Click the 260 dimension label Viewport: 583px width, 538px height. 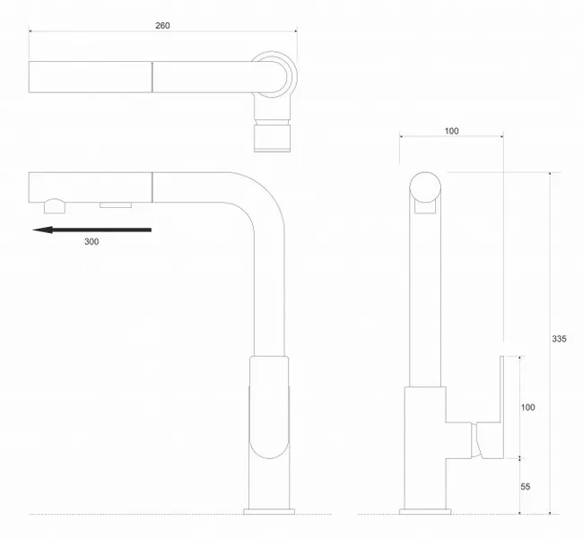(x=162, y=26)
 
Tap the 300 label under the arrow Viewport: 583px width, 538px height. (x=91, y=242)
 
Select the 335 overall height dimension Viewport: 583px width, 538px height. (x=559, y=339)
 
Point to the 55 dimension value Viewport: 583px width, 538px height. (x=525, y=486)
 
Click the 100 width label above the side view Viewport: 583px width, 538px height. (x=451, y=131)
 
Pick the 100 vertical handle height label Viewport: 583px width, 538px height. (x=527, y=407)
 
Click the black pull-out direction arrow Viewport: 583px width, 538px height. (x=91, y=230)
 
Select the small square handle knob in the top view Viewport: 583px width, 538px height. (x=272, y=138)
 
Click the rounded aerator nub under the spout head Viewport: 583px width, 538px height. (x=55, y=206)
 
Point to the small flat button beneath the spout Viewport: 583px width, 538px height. (x=116, y=204)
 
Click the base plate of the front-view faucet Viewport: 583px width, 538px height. (x=269, y=512)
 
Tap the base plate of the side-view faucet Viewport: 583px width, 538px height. (x=425, y=512)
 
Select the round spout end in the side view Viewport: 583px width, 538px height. (x=425, y=187)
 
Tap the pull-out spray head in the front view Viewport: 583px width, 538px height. (x=91, y=187)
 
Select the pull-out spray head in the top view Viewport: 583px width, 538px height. (x=91, y=77)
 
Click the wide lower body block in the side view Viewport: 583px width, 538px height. (x=425, y=447)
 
